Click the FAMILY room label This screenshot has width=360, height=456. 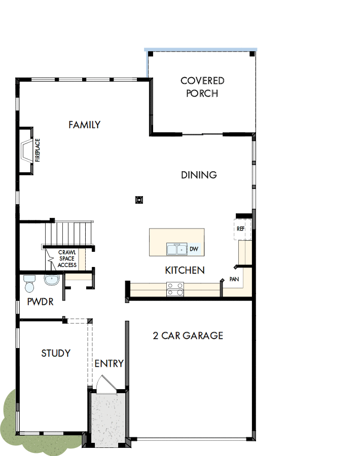tap(85, 125)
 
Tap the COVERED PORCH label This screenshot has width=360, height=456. tap(202, 87)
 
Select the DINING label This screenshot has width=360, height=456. tap(199, 175)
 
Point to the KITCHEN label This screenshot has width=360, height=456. tap(185, 270)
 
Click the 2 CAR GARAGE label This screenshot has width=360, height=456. tap(188, 335)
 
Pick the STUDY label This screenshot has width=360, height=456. tap(56, 353)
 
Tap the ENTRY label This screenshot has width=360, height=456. tap(109, 363)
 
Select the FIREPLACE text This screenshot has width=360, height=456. tap(38, 150)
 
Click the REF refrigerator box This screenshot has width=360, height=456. tap(241, 229)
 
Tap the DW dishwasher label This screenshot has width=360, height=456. tap(194, 249)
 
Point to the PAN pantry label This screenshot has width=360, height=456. tap(234, 279)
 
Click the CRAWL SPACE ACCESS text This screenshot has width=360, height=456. tap(67, 258)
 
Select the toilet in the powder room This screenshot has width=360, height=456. tap(29, 284)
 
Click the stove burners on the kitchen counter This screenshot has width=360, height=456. tap(175, 289)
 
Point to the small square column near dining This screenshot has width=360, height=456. tap(139, 200)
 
